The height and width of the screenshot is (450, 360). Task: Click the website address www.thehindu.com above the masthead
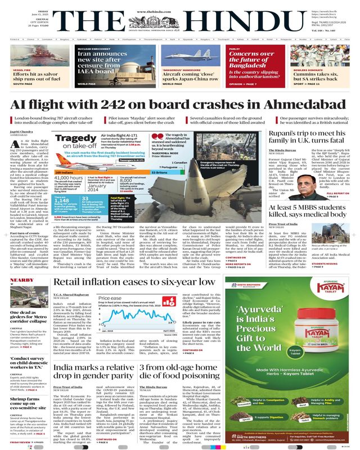pos(179,5)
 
